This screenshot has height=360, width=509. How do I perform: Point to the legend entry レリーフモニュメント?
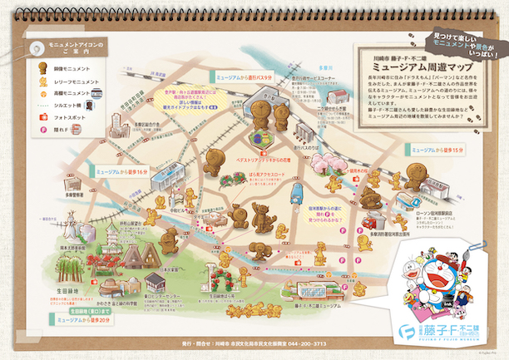[66, 76]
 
